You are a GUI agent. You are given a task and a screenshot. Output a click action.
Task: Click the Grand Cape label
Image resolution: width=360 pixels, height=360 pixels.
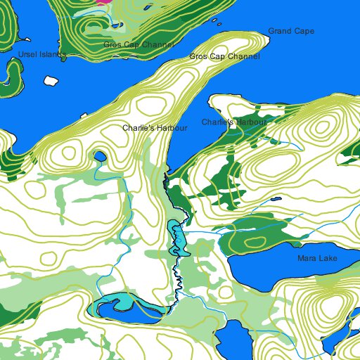tap(291, 32)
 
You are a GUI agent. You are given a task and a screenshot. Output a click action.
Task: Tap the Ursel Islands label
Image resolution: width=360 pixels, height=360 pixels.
tap(41, 54)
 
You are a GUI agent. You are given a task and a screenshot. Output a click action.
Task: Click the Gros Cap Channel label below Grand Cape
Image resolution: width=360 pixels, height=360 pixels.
tap(224, 56)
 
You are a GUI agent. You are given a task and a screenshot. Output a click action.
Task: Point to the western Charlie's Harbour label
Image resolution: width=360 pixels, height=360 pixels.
tap(155, 129)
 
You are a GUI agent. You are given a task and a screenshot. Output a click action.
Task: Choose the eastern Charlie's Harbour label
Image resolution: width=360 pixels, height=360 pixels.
tap(235, 122)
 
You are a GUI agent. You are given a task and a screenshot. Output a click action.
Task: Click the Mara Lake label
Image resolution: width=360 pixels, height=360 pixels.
tap(317, 259)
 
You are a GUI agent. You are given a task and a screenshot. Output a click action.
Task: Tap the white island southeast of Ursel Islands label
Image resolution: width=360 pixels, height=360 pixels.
tap(50, 80)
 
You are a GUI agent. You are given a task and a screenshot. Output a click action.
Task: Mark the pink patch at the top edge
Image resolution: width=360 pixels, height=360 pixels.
tap(103, 2)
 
